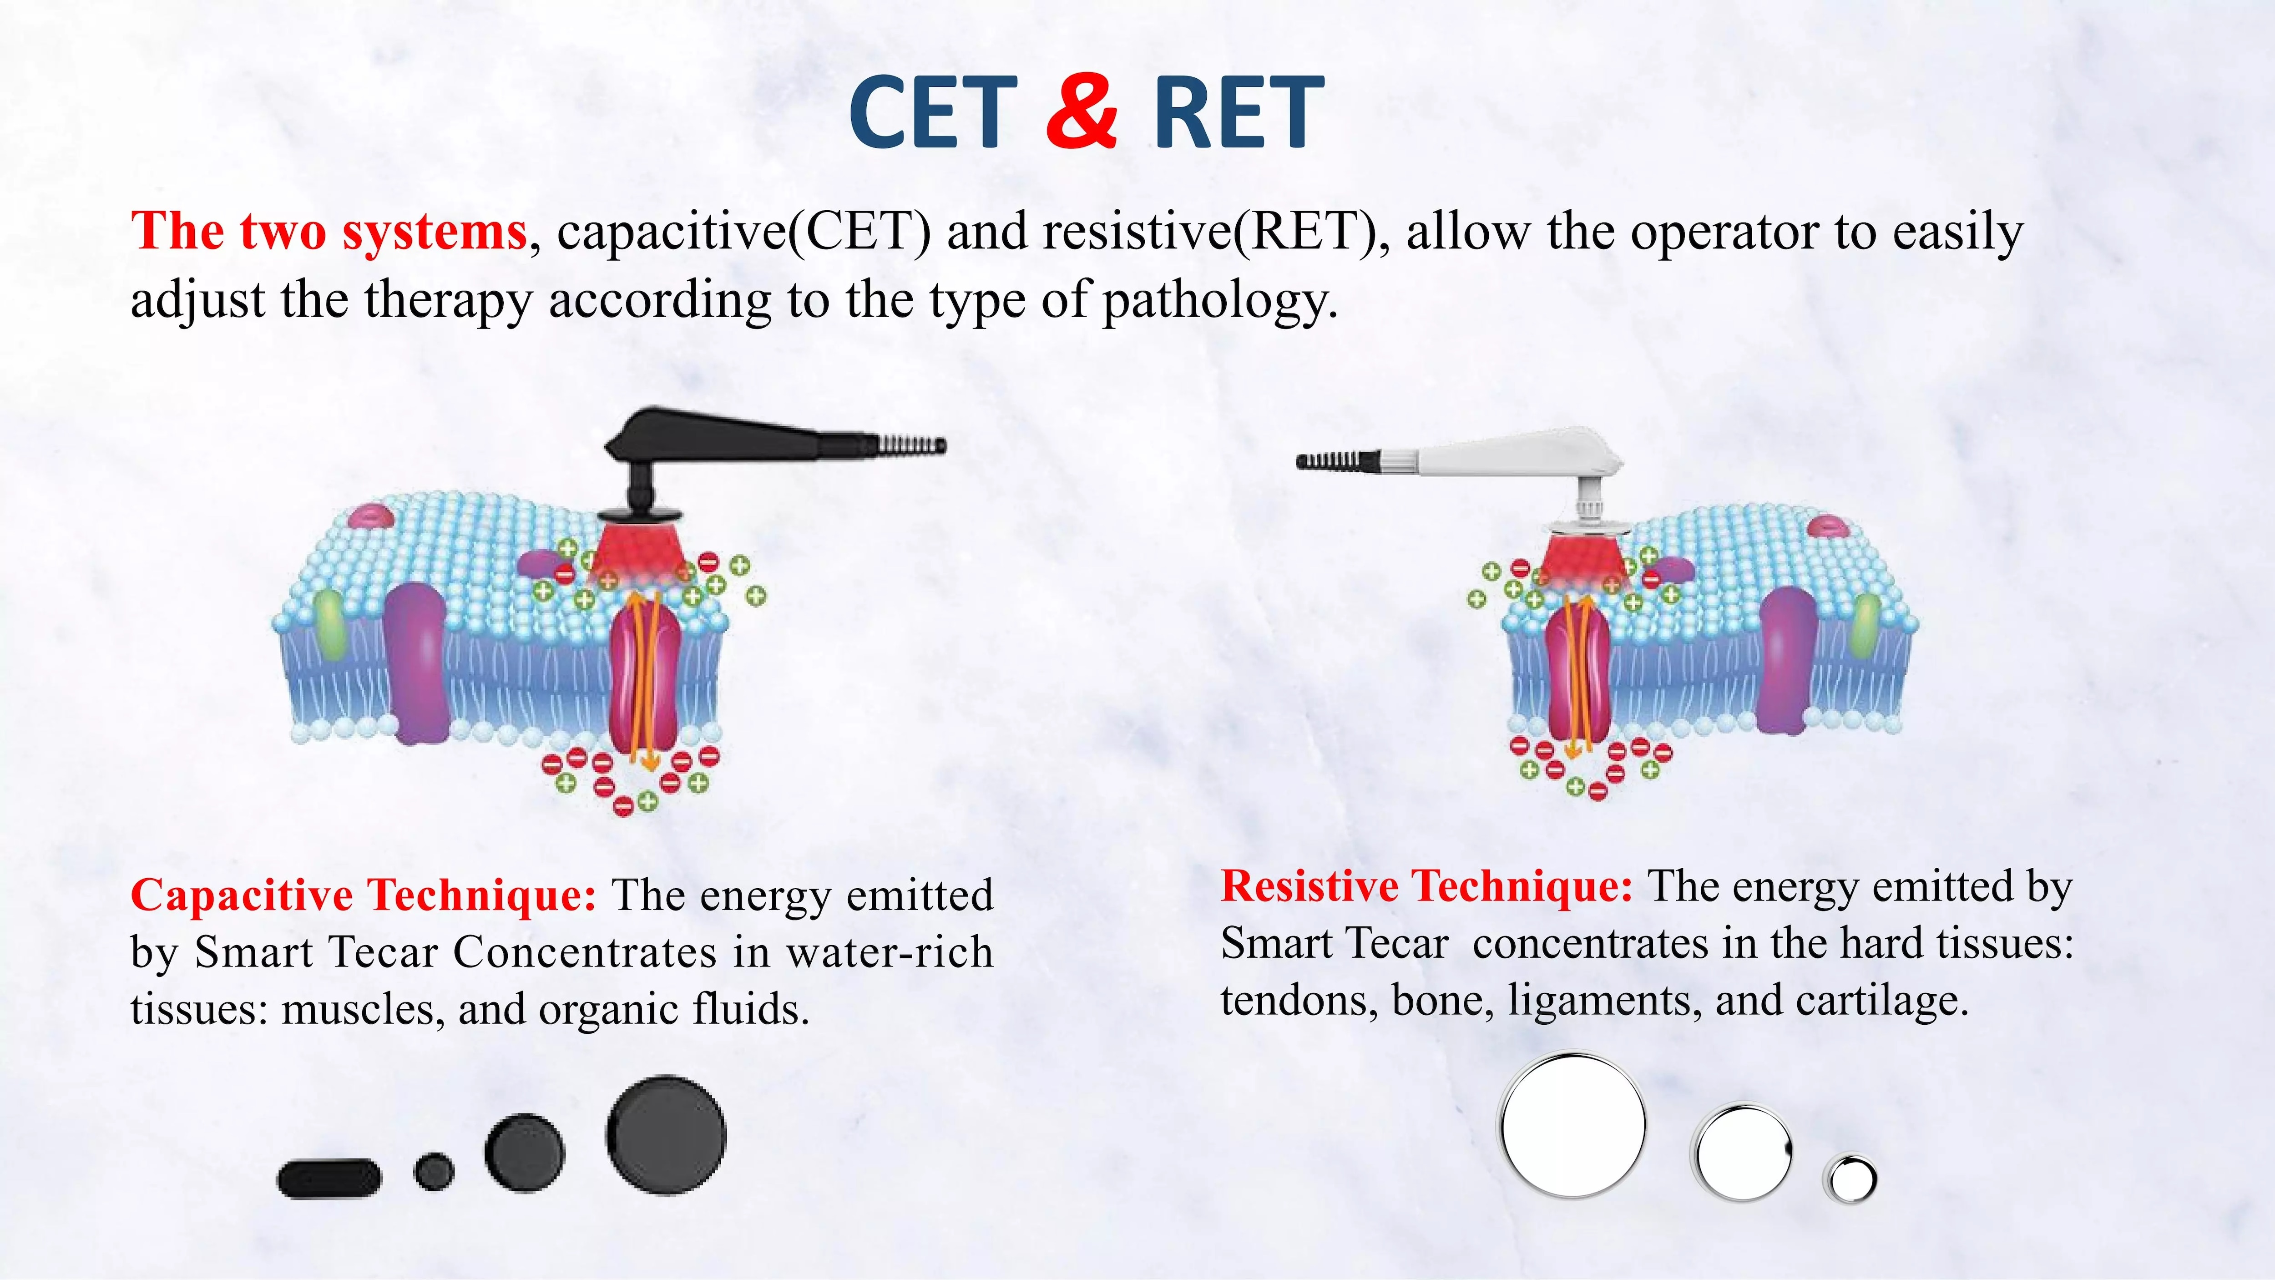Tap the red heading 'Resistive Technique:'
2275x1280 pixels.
click(1426, 885)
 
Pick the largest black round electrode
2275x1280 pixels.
click(666, 1135)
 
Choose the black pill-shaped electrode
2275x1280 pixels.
click(329, 1179)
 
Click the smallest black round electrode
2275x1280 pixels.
click(434, 1171)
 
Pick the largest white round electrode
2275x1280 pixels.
click(1573, 1124)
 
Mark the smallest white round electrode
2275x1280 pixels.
click(1850, 1179)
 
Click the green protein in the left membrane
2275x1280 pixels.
click(330, 625)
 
